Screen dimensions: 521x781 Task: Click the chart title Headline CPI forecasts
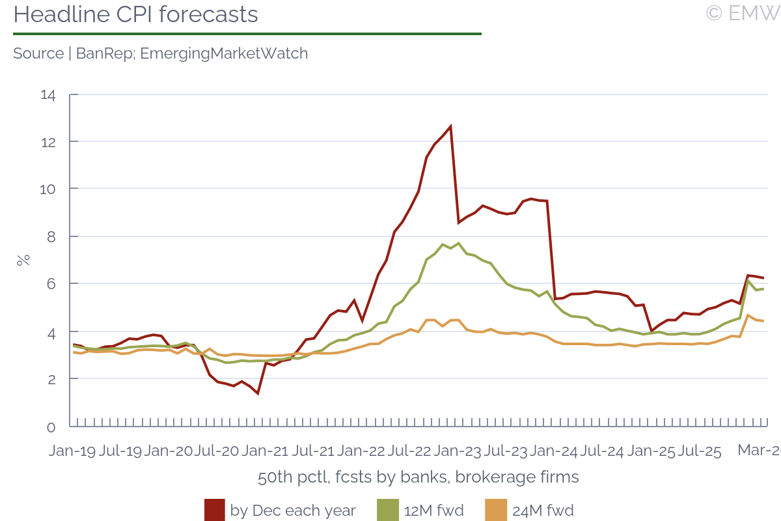point(135,14)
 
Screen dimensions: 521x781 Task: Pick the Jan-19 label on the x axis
point(72,451)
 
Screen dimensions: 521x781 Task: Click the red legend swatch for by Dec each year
point(214,510)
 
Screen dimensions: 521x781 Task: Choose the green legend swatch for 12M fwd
point(387,510)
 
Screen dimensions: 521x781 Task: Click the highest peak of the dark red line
point(450,126)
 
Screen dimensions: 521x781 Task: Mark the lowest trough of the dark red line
point(258,393)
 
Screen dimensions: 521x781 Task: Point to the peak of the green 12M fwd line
point(458,244)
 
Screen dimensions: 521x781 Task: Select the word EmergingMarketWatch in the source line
point(224,53)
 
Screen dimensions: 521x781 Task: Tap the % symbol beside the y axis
point(23,260)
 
